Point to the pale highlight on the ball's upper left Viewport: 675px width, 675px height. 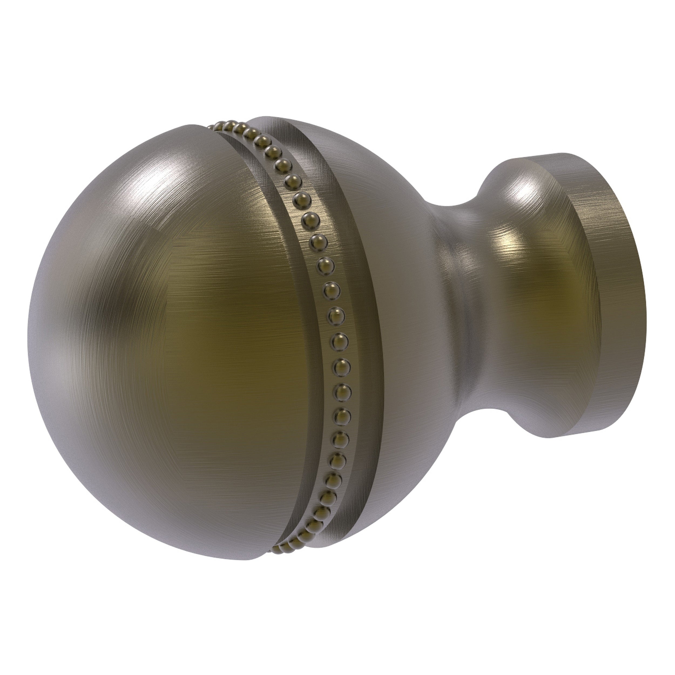(115, 196)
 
